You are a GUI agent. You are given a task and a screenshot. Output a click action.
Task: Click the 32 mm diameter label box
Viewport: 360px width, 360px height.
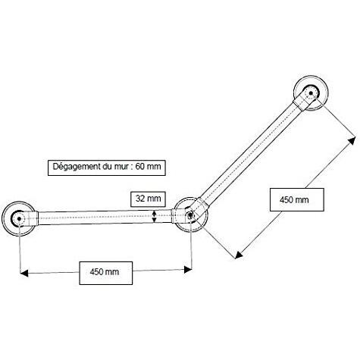point(149,199)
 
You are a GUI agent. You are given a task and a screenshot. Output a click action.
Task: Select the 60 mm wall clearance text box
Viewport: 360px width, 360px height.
point(107,167)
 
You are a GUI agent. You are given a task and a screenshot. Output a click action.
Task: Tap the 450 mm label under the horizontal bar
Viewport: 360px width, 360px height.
point(106,273)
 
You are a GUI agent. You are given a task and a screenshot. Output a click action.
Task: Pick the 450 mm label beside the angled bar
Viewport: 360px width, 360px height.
point(297,199)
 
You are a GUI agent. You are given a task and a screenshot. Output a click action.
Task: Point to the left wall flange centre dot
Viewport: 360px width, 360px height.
point(19,218)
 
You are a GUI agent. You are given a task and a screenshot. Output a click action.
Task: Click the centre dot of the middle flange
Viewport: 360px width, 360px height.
point(189,214)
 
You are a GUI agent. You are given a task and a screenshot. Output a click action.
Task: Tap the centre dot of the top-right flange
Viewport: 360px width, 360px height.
point(311,93)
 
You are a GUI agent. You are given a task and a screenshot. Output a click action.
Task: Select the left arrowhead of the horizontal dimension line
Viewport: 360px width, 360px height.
point(24,273)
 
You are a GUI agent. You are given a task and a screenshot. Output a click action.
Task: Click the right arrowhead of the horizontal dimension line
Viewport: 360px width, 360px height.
point(188,270)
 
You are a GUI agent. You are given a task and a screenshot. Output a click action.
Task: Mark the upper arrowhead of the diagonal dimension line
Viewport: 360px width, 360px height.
point(352,140)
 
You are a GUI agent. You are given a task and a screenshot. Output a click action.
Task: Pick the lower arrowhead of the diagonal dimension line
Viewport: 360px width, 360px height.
point(239,255)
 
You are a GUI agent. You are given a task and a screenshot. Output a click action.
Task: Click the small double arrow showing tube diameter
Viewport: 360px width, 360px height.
point(155,217)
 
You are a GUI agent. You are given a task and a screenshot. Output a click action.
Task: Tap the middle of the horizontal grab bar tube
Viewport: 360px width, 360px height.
point(105,218)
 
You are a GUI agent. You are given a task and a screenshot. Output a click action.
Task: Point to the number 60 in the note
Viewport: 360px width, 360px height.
point(140,167)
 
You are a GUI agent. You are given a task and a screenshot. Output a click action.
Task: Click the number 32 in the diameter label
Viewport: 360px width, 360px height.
point(140,199)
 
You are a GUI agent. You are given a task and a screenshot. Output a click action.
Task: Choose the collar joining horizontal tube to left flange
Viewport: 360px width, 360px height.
point(33,218)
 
